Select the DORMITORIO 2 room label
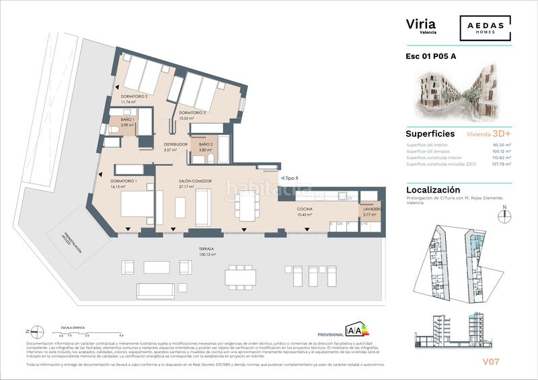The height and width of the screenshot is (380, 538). pyautogui.click(x=134, y=97)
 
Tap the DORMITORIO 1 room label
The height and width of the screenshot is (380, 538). pyautogui.click(x=124, y=181)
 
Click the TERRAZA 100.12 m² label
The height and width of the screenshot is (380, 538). pyautogui.click(x=206, y=251)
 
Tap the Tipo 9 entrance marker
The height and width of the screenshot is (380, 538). pyautogui.click(x=291, y=178)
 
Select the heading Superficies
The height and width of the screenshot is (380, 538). pyautogui.click(x=430, y=134)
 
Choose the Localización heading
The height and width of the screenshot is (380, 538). pyautogui.click(x=433, y=190)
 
